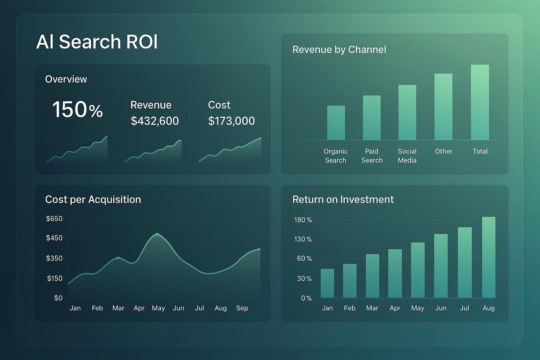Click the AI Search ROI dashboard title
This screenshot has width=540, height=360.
pyautogui.click(x=97, y=42)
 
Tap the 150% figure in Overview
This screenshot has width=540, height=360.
pyautogui.click(x=77, y=110)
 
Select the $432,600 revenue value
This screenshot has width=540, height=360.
pyautogui.click(x=155, y=121)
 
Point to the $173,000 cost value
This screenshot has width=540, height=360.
pyautogui.click(x=231, y=121)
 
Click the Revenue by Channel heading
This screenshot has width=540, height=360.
pyautogui.click(x=339, y=50)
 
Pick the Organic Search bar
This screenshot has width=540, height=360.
pyautogui.click(x=336, y=123)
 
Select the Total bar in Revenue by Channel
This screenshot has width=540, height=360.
pyautogui.click(x=480, y=103)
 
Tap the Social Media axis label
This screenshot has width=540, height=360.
pyautogui.click(x=407, y=156)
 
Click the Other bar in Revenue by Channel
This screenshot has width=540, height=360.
pyautogui.click(x=443, y=107)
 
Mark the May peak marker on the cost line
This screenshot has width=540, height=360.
pyautogui.click(x=157, y=234)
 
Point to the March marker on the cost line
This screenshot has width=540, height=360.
pyautogui.click(x=118, y=258)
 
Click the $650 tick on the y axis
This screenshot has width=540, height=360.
pyautogui.click(x=54, y=219)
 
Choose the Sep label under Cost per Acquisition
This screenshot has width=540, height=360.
pyautogui.click(x=242, y=308)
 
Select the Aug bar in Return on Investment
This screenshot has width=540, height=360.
pyautogui.click(x=489, y=257)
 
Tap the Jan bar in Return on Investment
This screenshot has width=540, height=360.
pyautogui.click(x=327, y=283)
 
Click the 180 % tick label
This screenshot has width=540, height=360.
pyautogui.click(x=303, y=220)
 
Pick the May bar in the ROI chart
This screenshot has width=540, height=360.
pyautogui.click(x=418, y=270)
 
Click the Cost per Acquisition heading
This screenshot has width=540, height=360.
pyautogui.click(x=93, y=199)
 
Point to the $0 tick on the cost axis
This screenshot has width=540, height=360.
pyautogui.click(x=58, y=298)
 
